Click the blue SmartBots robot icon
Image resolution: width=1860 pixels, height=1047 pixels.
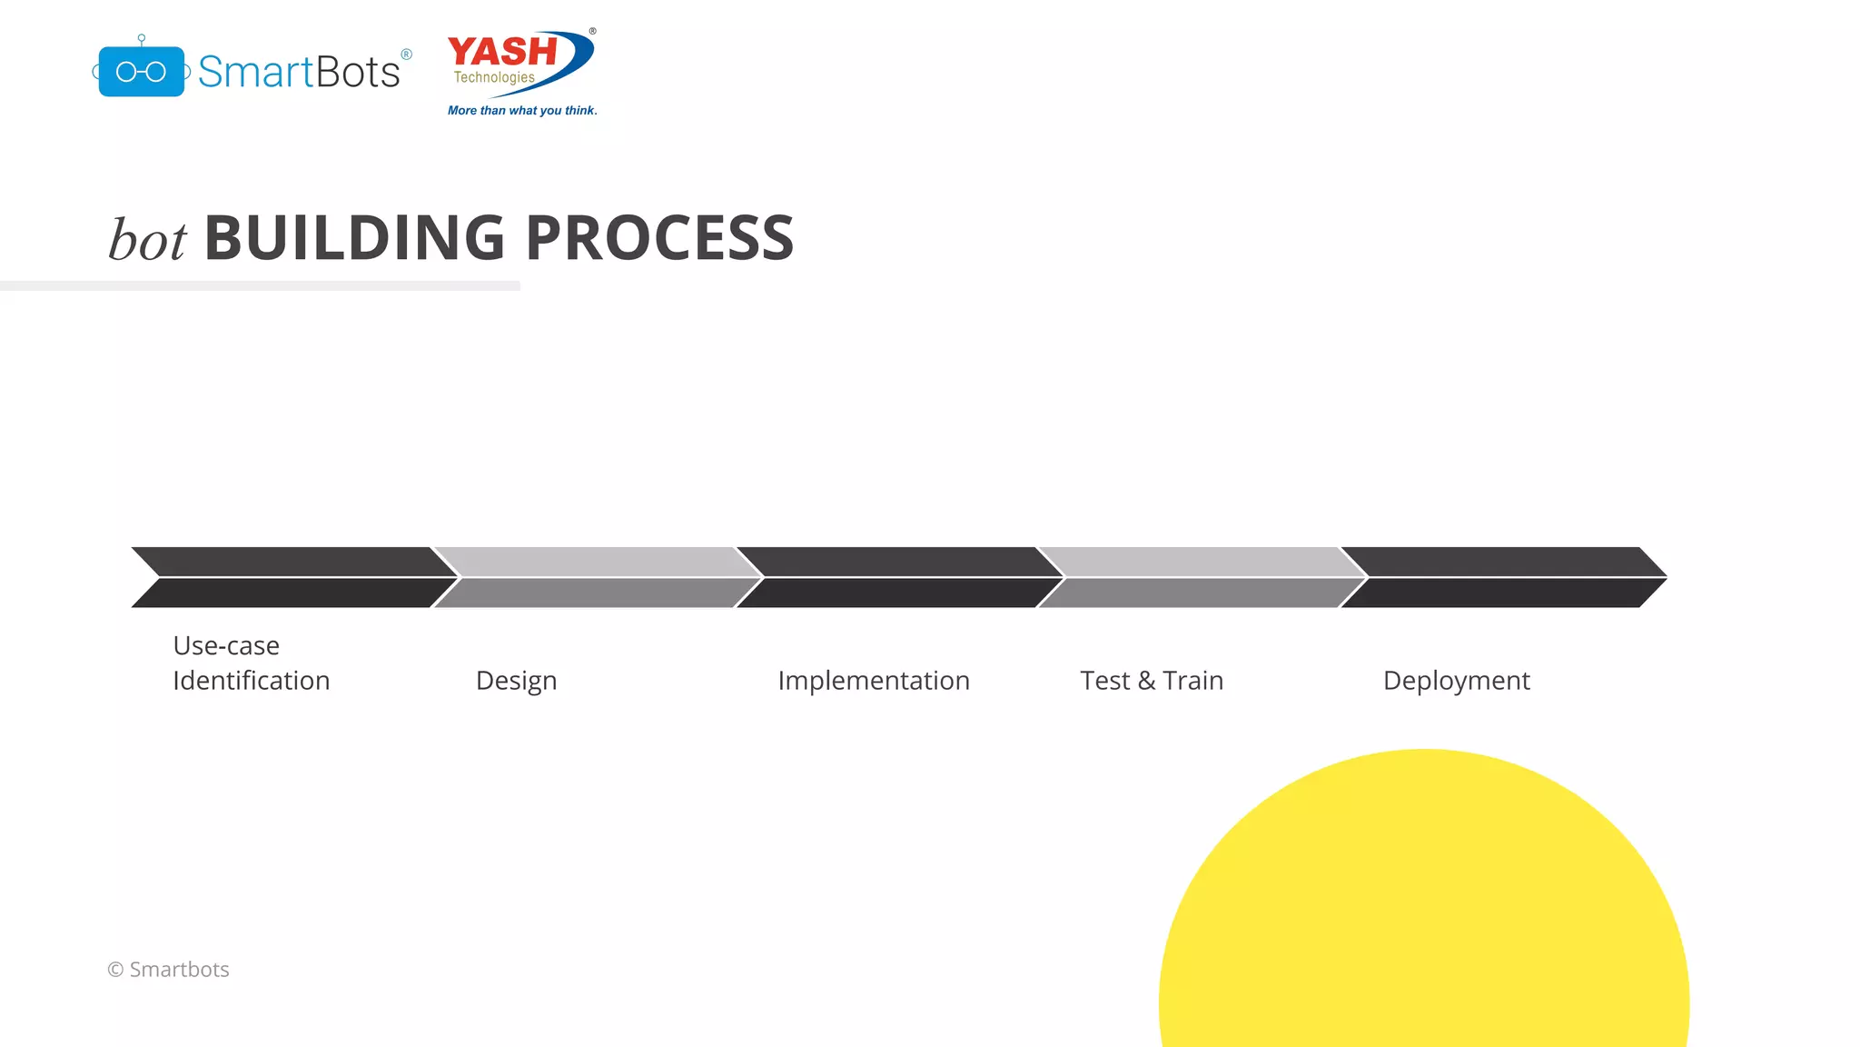(141, 71)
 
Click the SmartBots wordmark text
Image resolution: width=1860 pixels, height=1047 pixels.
(299, 72)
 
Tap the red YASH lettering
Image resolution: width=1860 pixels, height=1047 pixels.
(502, 52)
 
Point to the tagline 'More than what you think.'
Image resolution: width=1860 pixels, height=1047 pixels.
(522, 111)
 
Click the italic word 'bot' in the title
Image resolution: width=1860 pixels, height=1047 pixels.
(147, 241)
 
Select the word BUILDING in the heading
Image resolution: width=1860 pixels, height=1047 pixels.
(354, 238)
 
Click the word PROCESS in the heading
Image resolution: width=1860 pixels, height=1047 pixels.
(659, 238)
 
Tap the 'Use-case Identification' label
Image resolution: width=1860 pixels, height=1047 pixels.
(251, 663)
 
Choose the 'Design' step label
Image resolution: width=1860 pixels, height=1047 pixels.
(516, 681)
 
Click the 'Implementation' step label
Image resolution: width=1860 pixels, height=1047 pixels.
(874, 681)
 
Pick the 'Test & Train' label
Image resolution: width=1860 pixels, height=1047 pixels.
(1152, 681)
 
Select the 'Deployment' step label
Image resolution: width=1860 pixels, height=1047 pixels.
(1456, 681)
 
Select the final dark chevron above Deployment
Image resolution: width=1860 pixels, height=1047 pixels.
(1503, 577)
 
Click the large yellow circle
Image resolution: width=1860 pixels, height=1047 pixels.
(1423, 909)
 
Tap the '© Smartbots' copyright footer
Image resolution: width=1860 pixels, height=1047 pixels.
(168, 970)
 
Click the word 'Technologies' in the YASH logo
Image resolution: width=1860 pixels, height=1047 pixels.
(494, 77)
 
